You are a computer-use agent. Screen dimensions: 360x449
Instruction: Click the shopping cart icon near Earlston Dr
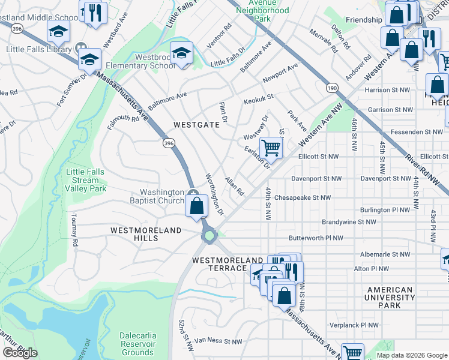point(271,146)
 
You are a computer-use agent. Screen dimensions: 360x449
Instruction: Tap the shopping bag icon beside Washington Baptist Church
point(196,206)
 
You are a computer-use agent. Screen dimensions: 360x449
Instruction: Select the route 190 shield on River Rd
point(332,88)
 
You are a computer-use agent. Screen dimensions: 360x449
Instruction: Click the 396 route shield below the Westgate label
point(169,143)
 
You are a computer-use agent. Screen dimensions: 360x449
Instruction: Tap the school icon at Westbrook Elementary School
point(181,53)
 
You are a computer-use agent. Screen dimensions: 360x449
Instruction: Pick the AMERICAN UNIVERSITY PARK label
point(390,298)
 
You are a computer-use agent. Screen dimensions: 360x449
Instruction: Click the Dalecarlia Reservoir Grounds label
point(138,348)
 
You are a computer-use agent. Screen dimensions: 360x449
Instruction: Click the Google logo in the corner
point(20,353)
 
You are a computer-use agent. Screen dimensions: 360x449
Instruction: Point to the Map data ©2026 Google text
point(412,355)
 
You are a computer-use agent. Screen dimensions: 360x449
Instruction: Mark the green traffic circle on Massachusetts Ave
point(209,236)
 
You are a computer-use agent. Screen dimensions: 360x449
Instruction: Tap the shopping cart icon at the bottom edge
point(352,353)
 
